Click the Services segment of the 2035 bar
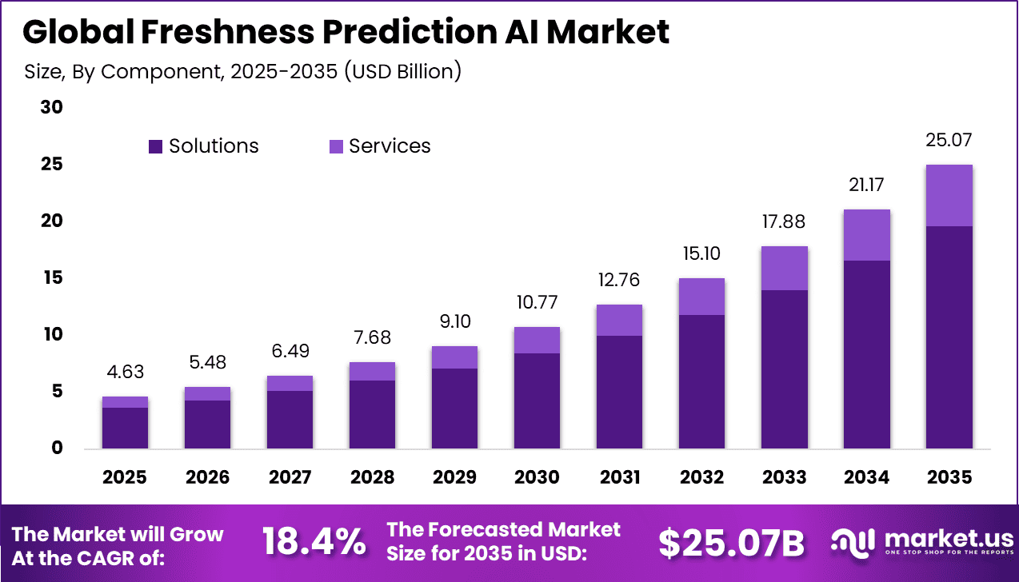[x=949, y=195]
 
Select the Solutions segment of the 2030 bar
[x=537, y=400]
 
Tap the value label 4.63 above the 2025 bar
[x=125, y=373]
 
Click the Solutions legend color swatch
[x=156, y=146]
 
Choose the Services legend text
[x=390, y=146]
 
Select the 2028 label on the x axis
[x=372, y=477]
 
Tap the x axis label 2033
[x=784, y=477]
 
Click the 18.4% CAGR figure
[x=314, y=544]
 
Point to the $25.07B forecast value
[x=731, y=544]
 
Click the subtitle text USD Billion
[x=404, y=71]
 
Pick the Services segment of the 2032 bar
[x=701, y=297]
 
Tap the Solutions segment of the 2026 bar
[x=207, y=424]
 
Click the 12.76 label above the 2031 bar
[x=619, y=280]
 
